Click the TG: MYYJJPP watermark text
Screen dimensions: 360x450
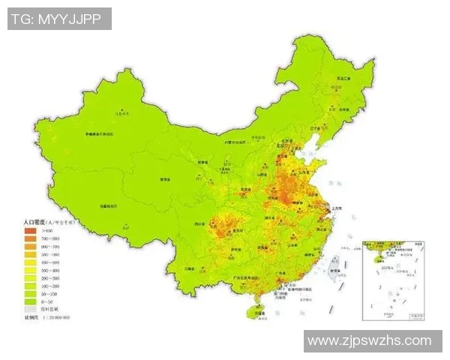tap(59, 19)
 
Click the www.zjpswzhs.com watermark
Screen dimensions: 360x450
tap(370, 340)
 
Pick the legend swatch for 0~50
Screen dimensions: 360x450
tap(30, 302)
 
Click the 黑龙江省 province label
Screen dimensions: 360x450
tap(344, 78)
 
